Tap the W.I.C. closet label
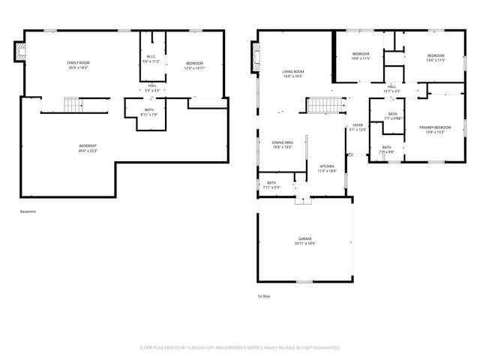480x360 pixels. click(x=151, y=58)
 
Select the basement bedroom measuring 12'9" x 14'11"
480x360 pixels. click(x=193, y=65)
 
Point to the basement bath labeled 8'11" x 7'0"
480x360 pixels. click(x=151, y=112)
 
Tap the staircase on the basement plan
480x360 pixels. click(x=71, y=105)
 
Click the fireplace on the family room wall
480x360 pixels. click(x=20, y=51)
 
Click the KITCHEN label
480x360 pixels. click(x=327, y=168)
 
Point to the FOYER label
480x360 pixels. click(x=358, y=127)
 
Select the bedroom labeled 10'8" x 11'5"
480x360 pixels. click(x=361, y=56)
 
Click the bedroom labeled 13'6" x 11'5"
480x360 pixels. click(x=436, y=58)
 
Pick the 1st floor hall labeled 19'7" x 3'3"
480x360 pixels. click(x=391, y=88)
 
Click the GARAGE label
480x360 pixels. click(x=304, y=241)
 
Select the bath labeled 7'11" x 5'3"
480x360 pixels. click(x=271, y=184)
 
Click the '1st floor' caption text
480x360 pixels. click(x=264, y=297)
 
